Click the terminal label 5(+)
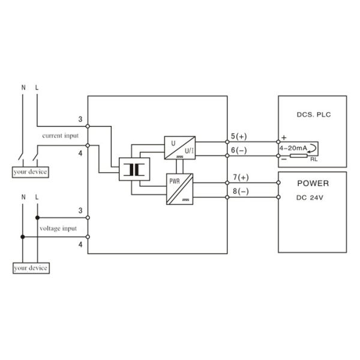239,137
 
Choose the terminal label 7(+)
240,178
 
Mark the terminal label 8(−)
240,191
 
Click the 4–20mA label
293,148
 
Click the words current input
60,136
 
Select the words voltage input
58,229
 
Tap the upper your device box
31,172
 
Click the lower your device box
31,268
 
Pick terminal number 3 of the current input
80,119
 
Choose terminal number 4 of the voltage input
80,245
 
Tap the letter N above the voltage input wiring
23,196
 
